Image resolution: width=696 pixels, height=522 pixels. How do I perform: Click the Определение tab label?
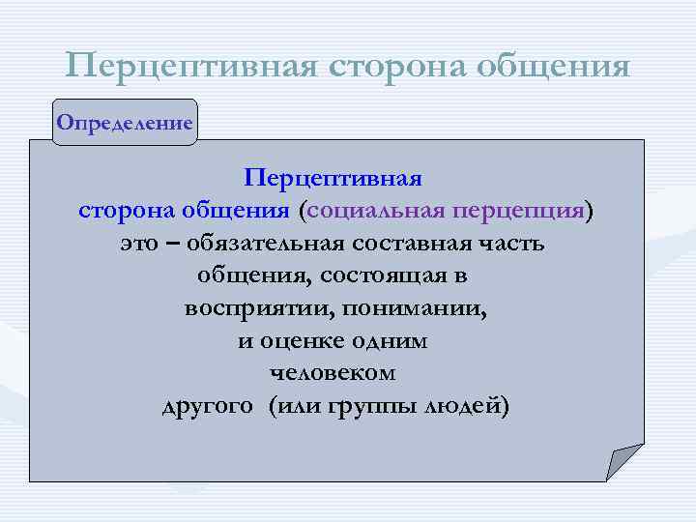124,123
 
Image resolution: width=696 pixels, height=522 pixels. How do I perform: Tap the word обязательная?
259,243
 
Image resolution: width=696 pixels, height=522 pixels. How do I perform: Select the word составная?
411,243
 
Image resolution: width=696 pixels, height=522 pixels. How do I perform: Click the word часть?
513,243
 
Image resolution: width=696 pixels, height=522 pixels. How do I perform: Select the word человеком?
333,373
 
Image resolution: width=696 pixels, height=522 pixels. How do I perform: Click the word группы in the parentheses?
369,406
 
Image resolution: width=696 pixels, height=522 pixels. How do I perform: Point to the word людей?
462,406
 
